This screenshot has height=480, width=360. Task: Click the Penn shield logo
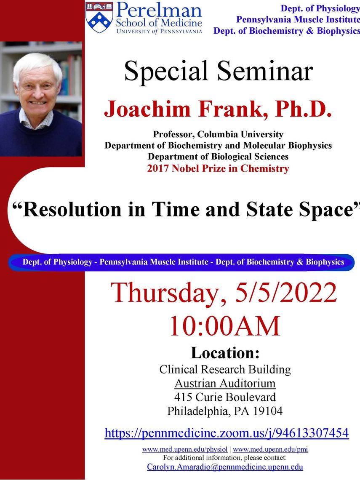click(99, 17)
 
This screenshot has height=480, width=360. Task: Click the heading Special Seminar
click(219, 71)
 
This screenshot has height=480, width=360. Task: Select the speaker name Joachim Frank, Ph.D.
click(218, 109)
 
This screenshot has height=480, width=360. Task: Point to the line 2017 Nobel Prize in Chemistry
click(218, 168)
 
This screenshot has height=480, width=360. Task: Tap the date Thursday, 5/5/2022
click(224, 292)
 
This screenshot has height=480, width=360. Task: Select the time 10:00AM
click(225, 326)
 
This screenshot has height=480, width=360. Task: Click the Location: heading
click(225, 353)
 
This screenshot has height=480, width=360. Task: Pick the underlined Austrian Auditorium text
click(225, 383)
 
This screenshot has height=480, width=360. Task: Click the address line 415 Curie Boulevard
click(225, 397)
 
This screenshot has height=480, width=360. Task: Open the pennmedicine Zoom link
click(227, 433)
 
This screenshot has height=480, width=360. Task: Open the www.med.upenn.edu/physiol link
click(185, 449)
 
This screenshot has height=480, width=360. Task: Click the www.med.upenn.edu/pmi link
click(270, 449)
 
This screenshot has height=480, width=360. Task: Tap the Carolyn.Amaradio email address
click(225, 467)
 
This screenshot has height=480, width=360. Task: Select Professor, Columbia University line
click(218, 134)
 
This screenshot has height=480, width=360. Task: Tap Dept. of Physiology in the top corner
click(320, 8)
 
